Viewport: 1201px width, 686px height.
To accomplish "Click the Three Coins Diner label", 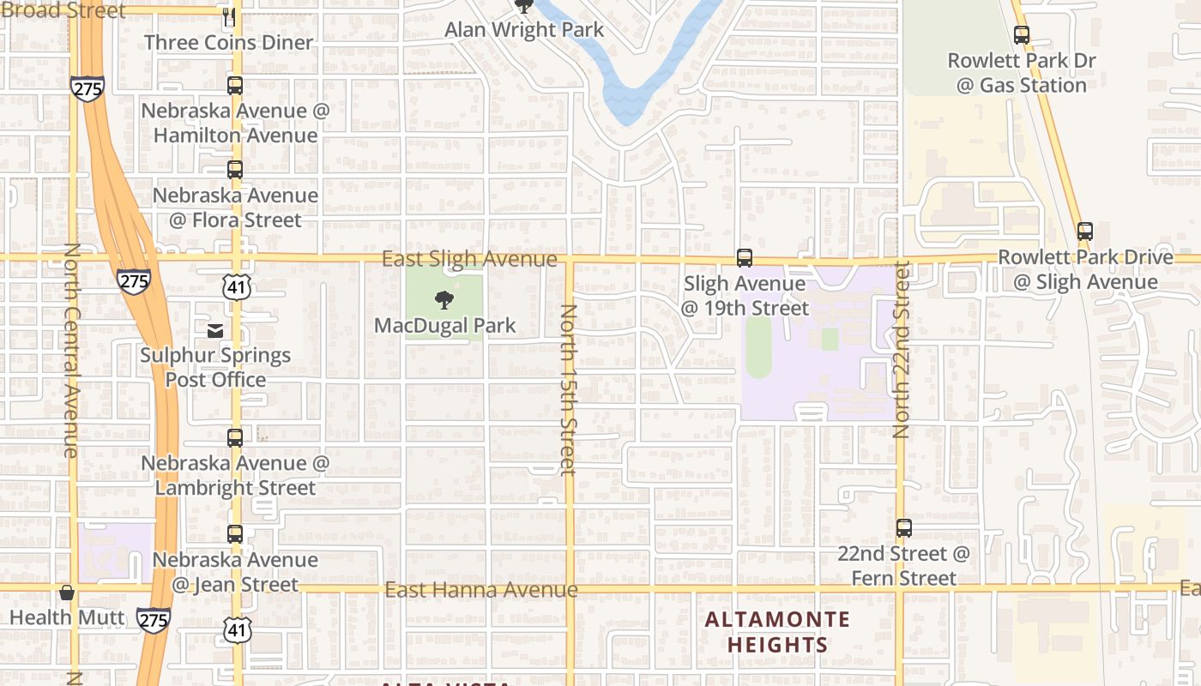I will click(228, 42).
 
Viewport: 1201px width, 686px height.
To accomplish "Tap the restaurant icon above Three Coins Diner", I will click(228, 16).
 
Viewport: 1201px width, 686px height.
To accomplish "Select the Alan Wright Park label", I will click(524, 30).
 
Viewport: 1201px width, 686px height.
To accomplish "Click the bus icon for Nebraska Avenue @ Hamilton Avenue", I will click(235, 86).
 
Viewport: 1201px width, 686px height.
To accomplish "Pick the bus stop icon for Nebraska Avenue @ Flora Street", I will click(235, 170).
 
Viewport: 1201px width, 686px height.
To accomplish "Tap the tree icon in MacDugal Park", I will click(444, 300).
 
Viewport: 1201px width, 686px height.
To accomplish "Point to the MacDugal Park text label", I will click(445, 326).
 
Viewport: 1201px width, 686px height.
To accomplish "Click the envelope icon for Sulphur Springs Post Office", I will click(215, 330).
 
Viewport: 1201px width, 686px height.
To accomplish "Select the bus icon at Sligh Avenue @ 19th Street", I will click(745, 258).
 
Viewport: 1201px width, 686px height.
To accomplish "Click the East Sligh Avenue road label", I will click(469, 259).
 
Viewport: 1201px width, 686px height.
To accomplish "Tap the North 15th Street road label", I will click(567, 388).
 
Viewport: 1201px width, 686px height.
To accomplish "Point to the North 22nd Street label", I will click(901, 350).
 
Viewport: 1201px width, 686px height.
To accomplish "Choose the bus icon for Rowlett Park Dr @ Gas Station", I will click(1021, 35).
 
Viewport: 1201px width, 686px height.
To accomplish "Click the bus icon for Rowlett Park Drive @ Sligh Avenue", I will click(1085, 232).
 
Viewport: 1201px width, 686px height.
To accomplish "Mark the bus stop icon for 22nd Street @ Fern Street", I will click(903, 528).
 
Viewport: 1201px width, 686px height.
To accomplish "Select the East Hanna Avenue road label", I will click(480, 590).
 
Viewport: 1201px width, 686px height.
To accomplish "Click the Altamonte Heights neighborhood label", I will click(778, 632).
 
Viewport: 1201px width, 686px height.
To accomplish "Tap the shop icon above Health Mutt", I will click(67, 593).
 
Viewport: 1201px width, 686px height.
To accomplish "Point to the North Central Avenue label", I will click(70, 350).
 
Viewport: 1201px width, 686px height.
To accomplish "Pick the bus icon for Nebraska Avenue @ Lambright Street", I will click(235, 438).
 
